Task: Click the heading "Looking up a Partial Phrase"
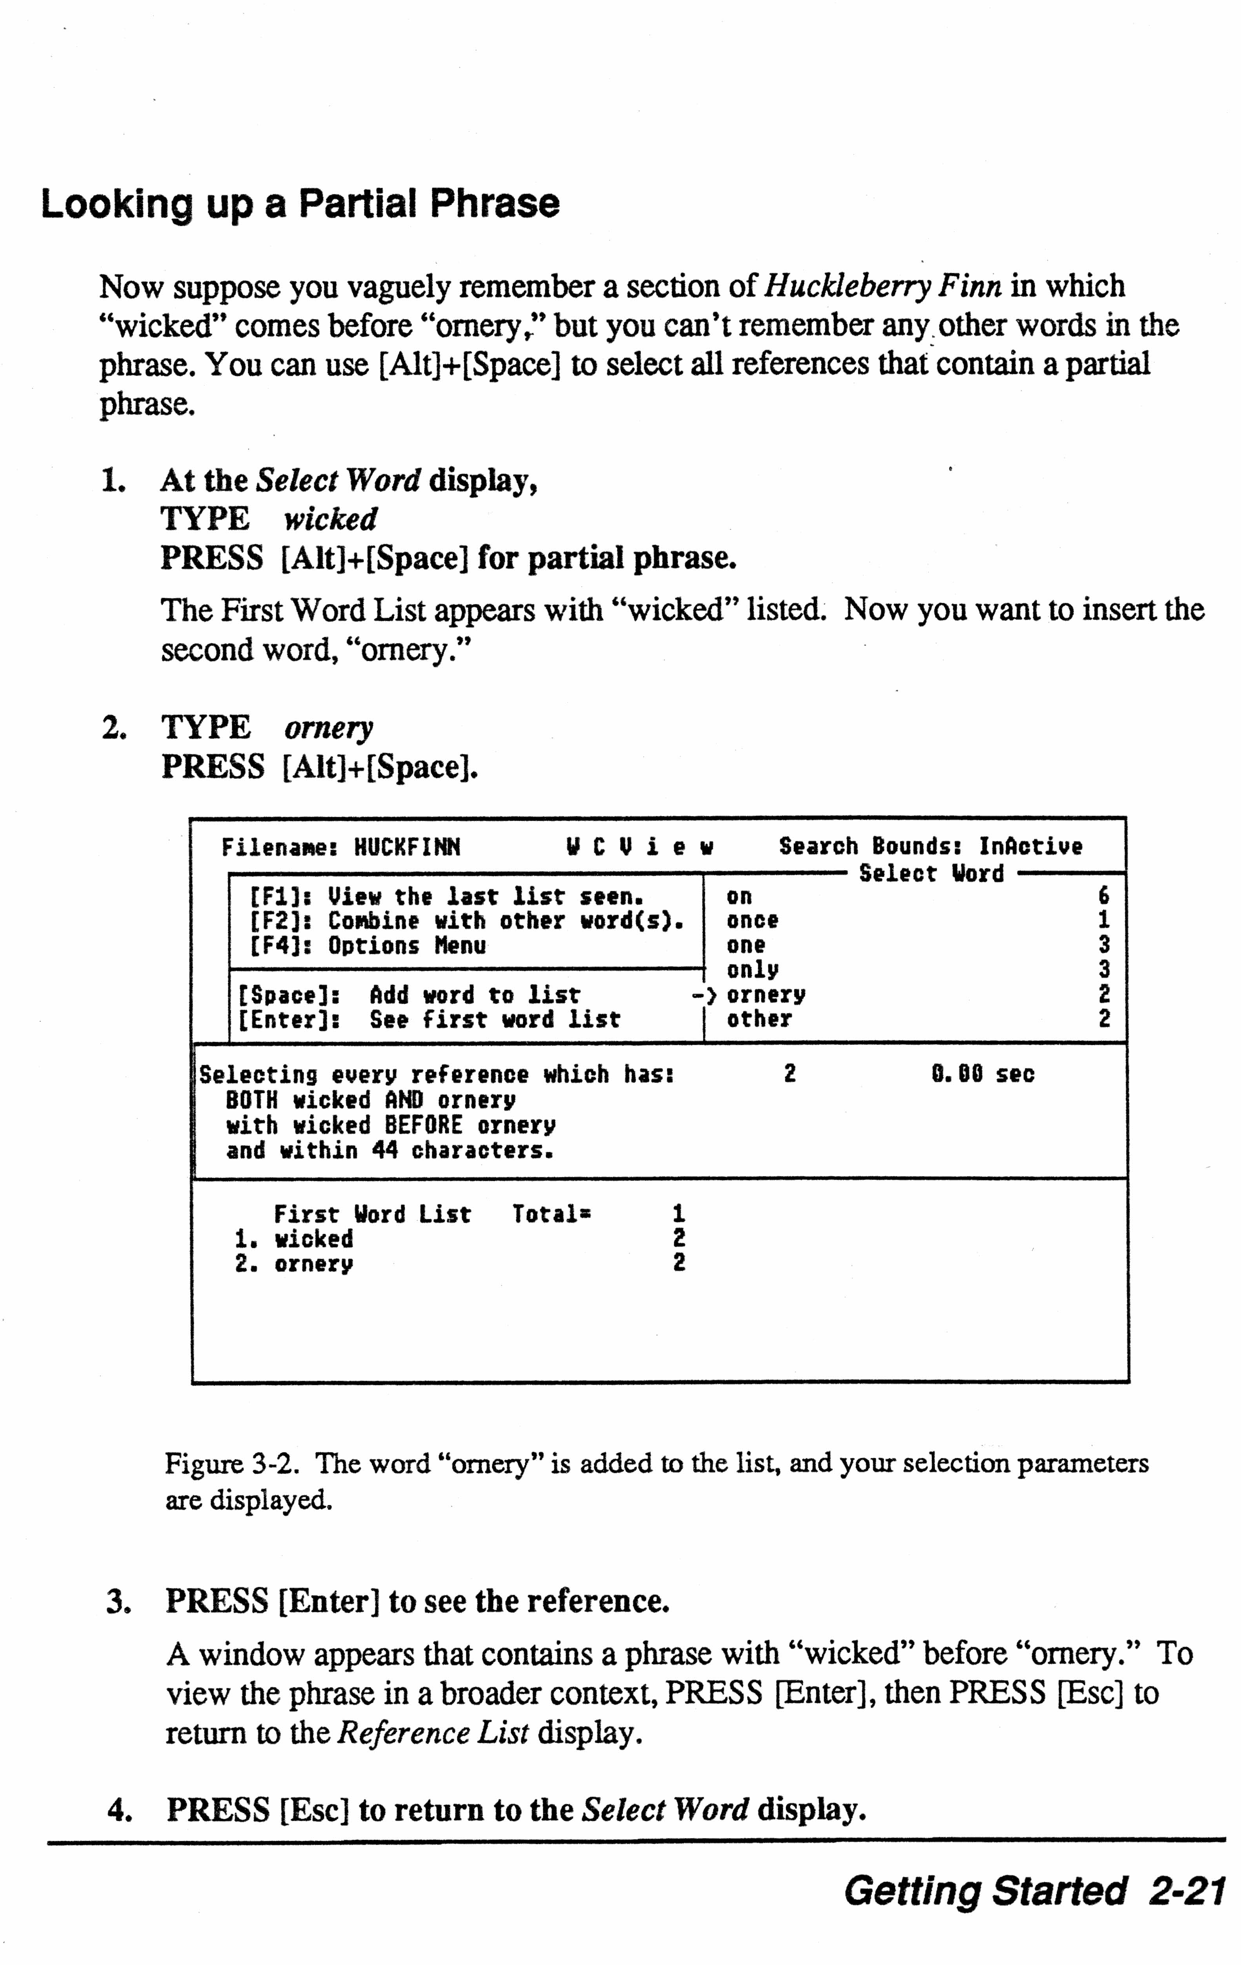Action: coord(300,204)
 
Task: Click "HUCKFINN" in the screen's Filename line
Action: coord(407,847)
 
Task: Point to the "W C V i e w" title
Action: coord(639,847)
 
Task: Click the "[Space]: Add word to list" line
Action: coord(408,995)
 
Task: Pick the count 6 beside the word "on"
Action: coord(1104,896)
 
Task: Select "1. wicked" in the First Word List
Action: coord(294,1239)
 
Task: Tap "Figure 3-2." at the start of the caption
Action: coord(229,1464)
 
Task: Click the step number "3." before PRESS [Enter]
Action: coord(118,1602)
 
